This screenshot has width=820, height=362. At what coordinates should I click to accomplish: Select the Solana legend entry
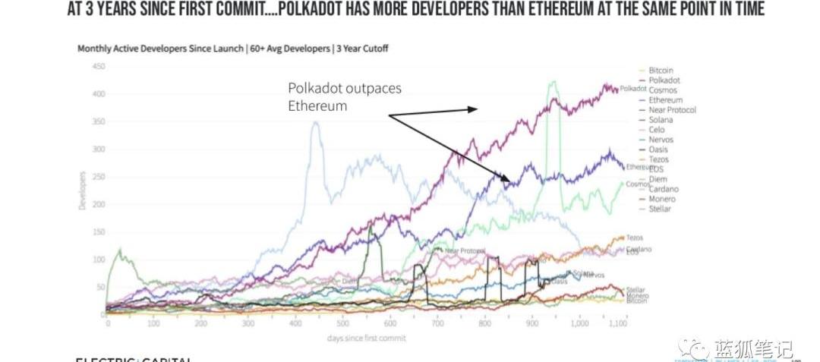661,120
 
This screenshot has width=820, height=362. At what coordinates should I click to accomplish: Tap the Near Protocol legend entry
672,110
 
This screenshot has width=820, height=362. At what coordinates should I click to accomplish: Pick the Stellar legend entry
660,209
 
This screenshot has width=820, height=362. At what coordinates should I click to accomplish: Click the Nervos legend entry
661,140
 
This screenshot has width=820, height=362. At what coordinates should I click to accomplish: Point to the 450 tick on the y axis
98,67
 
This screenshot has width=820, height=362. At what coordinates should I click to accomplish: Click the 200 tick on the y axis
98,204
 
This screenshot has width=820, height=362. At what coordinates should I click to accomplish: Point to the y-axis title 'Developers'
81,190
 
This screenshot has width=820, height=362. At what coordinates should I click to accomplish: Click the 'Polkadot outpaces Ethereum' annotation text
344,97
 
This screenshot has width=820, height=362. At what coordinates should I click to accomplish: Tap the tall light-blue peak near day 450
316,123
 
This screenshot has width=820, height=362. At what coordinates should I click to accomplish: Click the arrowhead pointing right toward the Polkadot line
472,109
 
